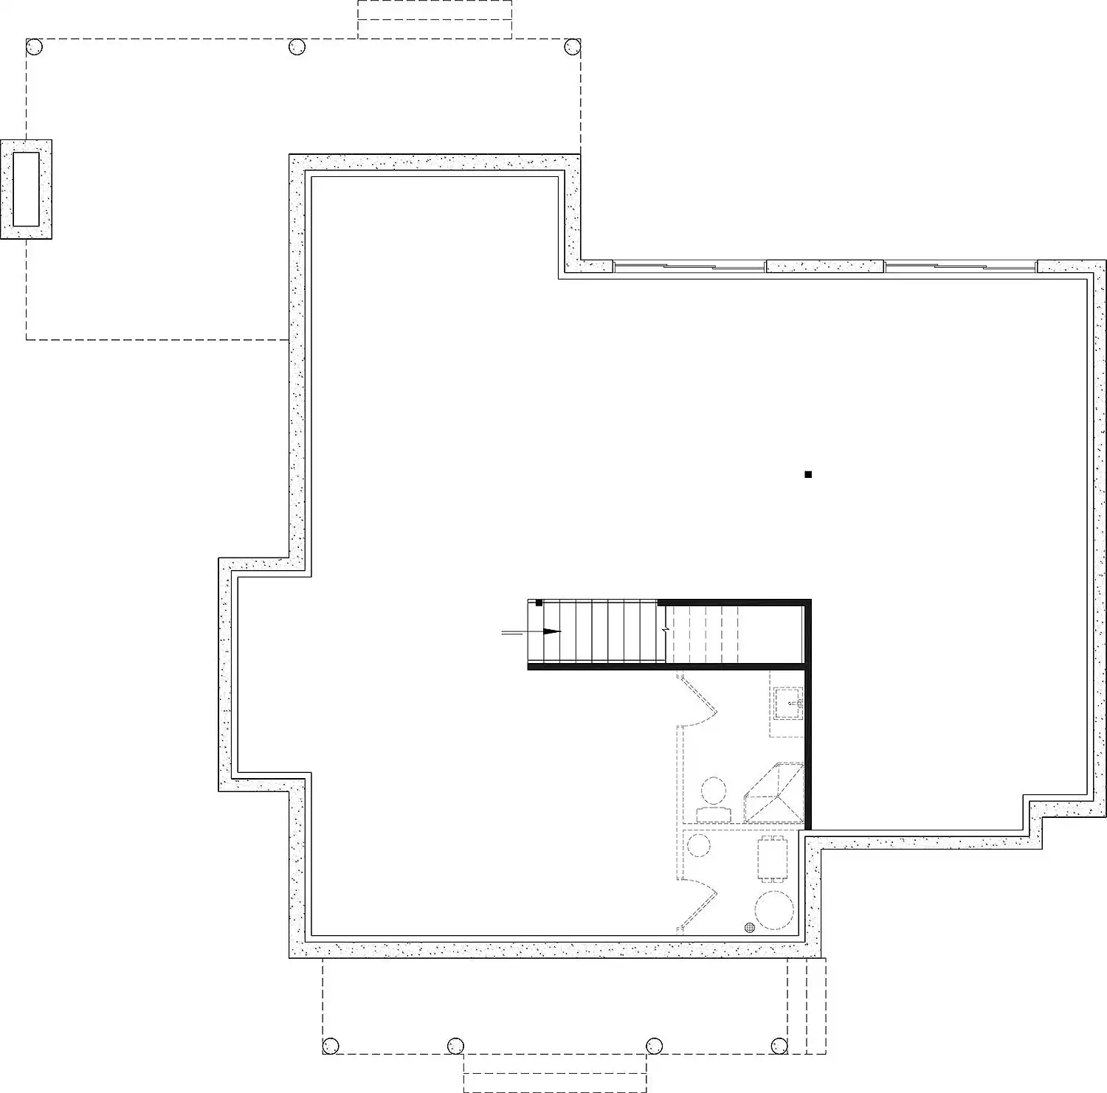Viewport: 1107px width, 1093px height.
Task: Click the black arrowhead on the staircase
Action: coord(552,631)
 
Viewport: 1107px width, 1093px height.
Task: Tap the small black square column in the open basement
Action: coord(808,474)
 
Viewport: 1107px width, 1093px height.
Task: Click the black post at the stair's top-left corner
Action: coord(539,603)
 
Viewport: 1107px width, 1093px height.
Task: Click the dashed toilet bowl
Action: coord(713,791)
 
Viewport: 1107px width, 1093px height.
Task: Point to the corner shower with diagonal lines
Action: coord(775,794)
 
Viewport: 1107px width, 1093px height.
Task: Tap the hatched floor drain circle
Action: coord(750,927)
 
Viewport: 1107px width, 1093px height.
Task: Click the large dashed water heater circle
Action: coord(774,909)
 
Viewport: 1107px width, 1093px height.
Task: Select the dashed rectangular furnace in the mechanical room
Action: coord(773,857)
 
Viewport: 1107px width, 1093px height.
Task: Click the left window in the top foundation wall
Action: coord(689,266)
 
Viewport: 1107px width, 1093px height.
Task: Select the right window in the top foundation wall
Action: coord(960,266)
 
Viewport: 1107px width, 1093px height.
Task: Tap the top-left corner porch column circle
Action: coord(35,47)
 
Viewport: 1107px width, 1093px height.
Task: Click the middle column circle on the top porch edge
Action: coord(297,47)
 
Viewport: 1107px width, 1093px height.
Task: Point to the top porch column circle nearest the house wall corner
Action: coord(573,47)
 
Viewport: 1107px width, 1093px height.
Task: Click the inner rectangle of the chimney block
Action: coord(26,189)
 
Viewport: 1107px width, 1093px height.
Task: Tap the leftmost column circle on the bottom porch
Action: coord(331,1045)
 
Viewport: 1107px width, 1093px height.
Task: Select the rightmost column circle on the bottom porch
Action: coord(779,1045)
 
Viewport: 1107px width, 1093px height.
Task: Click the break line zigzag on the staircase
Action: coord(666,631)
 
